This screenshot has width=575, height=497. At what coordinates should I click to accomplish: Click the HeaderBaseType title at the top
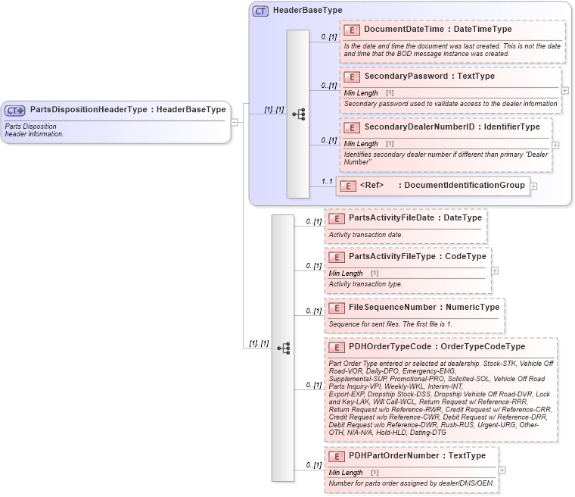coord(307,11)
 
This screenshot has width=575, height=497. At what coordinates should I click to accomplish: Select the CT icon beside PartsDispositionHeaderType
coord(15,110)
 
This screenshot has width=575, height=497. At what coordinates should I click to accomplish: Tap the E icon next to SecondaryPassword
coord(351,77)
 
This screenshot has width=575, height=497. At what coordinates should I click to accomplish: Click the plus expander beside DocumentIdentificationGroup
coord(533,186)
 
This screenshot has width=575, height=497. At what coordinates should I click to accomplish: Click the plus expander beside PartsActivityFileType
coord(495,270)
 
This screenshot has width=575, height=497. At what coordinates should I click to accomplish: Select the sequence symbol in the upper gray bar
coord(298,114)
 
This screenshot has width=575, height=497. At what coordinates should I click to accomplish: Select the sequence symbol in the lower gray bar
coord(283,349)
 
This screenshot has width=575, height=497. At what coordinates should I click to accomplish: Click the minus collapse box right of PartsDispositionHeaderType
coord(235,121)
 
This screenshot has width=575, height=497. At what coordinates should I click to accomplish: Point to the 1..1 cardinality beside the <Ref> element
coord(327,181)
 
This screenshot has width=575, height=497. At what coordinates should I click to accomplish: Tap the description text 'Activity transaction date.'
coord(365,235)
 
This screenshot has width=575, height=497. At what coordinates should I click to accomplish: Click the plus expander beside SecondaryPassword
coord(565,90)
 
